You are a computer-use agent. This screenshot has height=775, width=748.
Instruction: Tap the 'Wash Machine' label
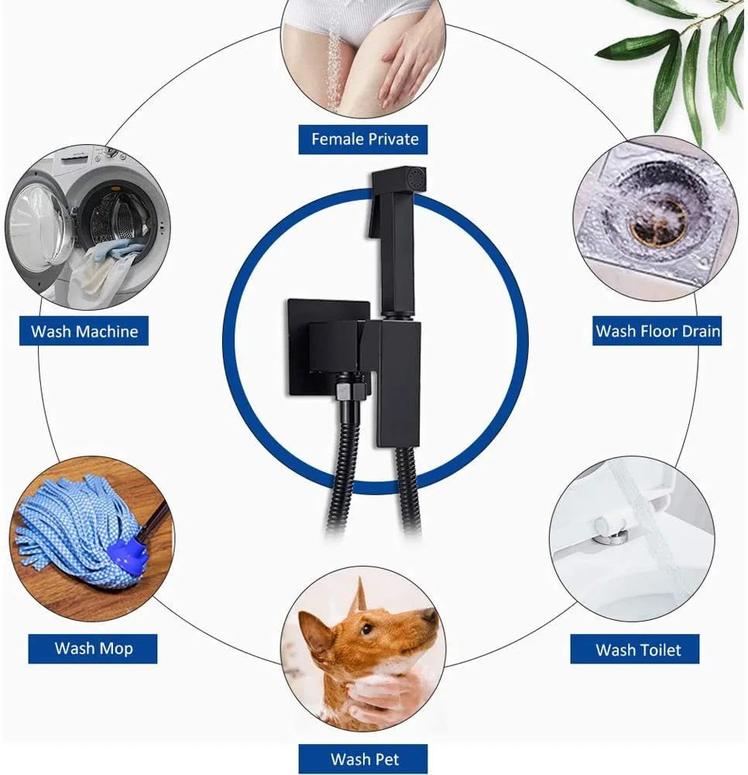coord(84,331)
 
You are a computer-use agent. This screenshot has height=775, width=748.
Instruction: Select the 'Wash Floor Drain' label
coord(657,331)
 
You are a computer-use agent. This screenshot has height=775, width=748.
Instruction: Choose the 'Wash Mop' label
coord(93,649)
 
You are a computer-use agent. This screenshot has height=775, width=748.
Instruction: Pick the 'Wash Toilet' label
coord(635,649)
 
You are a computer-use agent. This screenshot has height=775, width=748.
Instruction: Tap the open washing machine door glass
coord(41,227)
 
